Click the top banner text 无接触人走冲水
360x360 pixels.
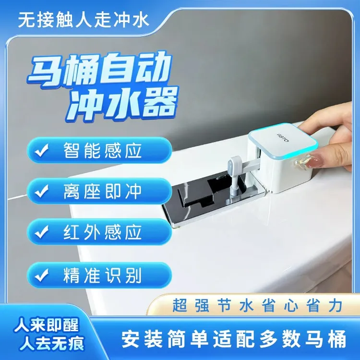click(x=84, y=20)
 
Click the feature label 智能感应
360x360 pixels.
click(x=102, y=150)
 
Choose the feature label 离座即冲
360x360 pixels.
click(x=102, y=191)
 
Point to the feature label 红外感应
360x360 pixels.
click(x=102, y=232)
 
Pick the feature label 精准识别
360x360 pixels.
click(x=102, y=275)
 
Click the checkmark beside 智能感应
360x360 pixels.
click(x=42, y=150)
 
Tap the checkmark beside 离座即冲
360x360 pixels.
click(x=42, y=191)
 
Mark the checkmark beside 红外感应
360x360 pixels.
click(x=42, y=232)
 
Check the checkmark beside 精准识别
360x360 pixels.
click(x=42, y=275)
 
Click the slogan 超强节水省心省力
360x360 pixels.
click(x=257, y=305)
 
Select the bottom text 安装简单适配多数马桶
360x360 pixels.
click(x=234, y=339)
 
